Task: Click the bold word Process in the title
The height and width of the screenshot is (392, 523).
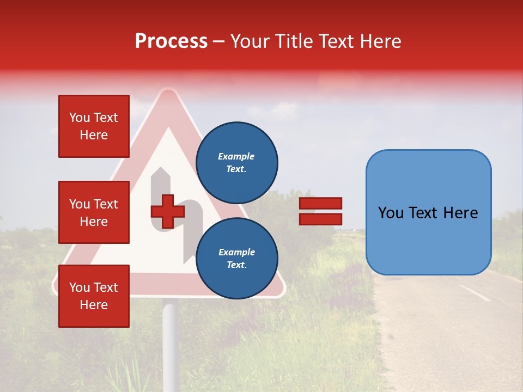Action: point(171,41)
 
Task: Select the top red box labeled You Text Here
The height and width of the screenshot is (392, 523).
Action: point(94,126)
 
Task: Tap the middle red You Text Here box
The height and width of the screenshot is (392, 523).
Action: point(94,212)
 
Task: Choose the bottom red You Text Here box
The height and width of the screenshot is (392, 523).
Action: point(94,296)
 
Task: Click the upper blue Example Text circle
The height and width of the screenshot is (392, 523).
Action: point(236,163)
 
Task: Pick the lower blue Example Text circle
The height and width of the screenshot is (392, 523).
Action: point(236,259)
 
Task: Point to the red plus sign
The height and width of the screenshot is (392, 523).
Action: point(167,211)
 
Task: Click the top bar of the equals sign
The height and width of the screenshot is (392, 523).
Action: point(320,204)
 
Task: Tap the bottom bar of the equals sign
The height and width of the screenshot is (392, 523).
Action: point(320,219)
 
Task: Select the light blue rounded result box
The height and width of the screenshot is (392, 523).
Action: point(428,212)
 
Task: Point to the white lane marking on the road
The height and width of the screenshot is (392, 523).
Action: point(475,293)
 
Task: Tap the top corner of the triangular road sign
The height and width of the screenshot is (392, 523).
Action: point(169,93)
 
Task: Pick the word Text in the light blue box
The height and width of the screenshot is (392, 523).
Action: point(428,213)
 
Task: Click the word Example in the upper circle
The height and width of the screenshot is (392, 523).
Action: point(236,156)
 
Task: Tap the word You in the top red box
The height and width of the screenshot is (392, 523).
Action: point(80,118)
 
